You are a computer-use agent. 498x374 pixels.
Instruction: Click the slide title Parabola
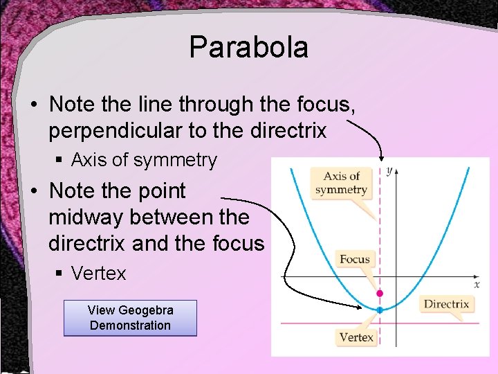(x=248, y=48)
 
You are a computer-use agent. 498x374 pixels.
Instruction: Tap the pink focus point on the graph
(x=379, y=294)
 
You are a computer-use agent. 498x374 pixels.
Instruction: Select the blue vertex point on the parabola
(x=379, y=310)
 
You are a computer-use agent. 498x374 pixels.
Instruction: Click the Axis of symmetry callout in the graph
(x=341, y=183)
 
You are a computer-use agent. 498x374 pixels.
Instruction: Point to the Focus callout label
(x=355, y=260)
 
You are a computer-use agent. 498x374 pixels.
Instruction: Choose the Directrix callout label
(x=446, y=304)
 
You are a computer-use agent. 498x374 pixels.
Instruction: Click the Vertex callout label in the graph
(x=356, y=337)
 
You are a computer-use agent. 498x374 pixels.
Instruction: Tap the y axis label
(x=390, y=170)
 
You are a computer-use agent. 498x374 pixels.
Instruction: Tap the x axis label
(x=477, y=284)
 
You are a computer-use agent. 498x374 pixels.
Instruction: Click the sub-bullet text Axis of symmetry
(x=144, y=160)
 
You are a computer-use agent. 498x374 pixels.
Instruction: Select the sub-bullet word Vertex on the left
(x=99, y=274)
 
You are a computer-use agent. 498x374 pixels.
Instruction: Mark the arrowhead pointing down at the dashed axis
(x=380, y=158)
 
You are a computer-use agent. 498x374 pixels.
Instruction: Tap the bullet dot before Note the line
(x=34, y=105)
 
